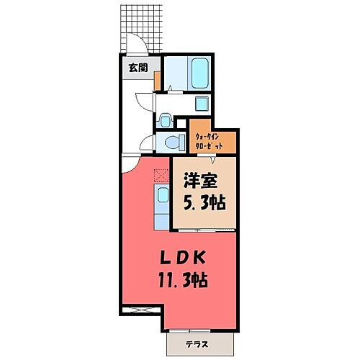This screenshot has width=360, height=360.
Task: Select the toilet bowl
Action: click(x=167, y=140)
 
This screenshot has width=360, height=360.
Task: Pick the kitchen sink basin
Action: click(x=163, y=195)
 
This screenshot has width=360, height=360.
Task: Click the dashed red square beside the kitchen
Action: click(x=160, y=171)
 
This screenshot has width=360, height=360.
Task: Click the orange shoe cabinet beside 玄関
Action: click(x=157, y=81)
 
